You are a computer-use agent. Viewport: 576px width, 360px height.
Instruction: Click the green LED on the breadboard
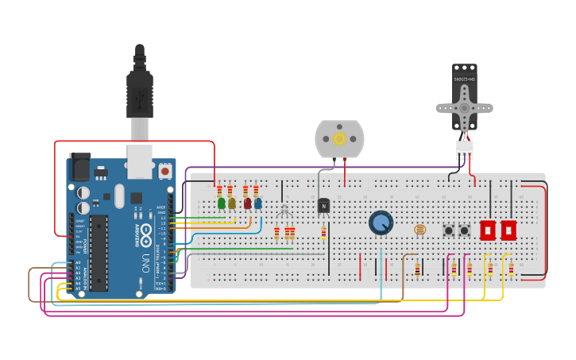222,203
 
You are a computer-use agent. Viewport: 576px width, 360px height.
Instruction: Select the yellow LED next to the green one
232,203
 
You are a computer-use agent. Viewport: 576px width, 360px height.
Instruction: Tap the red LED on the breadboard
248,203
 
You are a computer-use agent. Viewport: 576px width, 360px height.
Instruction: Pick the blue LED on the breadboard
258,203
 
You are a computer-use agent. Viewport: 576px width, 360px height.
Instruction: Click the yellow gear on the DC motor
339,139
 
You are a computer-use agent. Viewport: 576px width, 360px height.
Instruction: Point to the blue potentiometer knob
381,223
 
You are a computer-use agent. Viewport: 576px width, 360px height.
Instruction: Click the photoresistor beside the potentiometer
420,230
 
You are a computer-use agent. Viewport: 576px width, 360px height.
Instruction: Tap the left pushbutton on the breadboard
449,230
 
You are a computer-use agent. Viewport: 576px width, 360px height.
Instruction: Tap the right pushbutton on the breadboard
465,230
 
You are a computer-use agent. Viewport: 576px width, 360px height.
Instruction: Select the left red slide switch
488,230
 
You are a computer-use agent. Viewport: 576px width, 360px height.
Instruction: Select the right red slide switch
508,230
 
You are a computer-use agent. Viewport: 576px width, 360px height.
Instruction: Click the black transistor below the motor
323,206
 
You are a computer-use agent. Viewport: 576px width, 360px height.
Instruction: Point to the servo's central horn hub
465,108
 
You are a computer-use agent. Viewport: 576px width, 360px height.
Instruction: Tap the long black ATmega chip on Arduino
99,252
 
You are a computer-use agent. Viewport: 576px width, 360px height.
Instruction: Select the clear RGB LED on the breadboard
284,211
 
